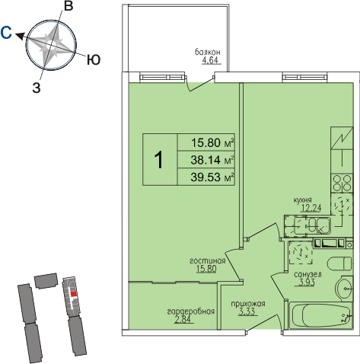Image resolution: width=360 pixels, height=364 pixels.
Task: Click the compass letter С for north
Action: click(x=6, y=33)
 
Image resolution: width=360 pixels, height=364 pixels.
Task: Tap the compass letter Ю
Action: click(x=94, y=60)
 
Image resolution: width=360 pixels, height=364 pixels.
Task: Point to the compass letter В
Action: click(x=68, y=6)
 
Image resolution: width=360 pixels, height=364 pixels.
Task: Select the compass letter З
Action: click(x=37, y=88)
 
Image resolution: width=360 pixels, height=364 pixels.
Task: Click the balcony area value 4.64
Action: click(x=210, y=61)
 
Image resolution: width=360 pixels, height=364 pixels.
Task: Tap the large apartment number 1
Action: click(x=159, y=160)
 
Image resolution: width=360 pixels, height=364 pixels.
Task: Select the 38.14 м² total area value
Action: click(x=212, y=160)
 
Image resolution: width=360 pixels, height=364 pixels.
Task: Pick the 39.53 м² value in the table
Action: click(x=212, y=177)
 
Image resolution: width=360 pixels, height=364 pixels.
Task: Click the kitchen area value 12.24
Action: click(x=311, y=208)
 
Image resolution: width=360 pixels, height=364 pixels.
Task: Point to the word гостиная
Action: click(x=208, y=260)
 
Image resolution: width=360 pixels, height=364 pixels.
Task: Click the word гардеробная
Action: click(x=191, y=311)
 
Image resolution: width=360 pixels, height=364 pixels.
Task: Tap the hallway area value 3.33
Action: click(x=247, y=311)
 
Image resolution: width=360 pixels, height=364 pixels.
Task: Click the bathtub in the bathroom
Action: click(x=321, y=316)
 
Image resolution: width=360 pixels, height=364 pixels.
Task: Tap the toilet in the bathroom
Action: click(x=339, y=263)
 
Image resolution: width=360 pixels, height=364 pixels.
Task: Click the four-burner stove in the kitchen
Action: click(x=342, y=183)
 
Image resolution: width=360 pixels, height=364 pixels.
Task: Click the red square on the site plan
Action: click(x=74, y=294)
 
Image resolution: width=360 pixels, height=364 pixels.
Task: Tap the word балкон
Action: click(x=208, y=52)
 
